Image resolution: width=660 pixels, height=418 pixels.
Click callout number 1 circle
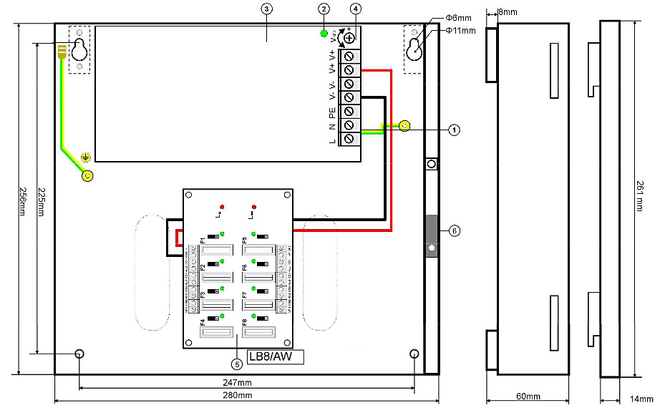[x=453, y=130]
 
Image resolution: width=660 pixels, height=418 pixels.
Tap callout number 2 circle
[x=324, y=9]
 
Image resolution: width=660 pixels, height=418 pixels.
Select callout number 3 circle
[x=266, y=9]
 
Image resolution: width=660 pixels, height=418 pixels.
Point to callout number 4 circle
[x=356, y=9]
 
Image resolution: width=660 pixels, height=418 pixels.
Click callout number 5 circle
[x=238, y=362]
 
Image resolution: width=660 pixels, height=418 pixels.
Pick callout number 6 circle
[x=453, y=231]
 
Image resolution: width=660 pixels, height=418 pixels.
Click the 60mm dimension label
[x=528, y=396]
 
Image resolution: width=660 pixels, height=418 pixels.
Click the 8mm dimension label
[x=507, y=12]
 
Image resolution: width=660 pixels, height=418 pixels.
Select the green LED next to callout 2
[x=324, y=34]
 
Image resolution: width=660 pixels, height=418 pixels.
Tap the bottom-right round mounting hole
[x=414, y=354]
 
